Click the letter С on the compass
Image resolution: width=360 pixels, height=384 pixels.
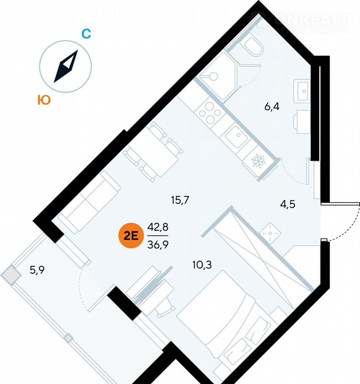tap(86, 34)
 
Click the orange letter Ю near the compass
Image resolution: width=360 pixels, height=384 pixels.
tap(44, 100)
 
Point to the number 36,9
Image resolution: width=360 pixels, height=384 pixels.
tap(157, 244)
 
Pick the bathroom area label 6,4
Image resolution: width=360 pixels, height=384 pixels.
tap(272, 106)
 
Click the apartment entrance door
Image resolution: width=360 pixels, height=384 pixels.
tap(338, 223)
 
